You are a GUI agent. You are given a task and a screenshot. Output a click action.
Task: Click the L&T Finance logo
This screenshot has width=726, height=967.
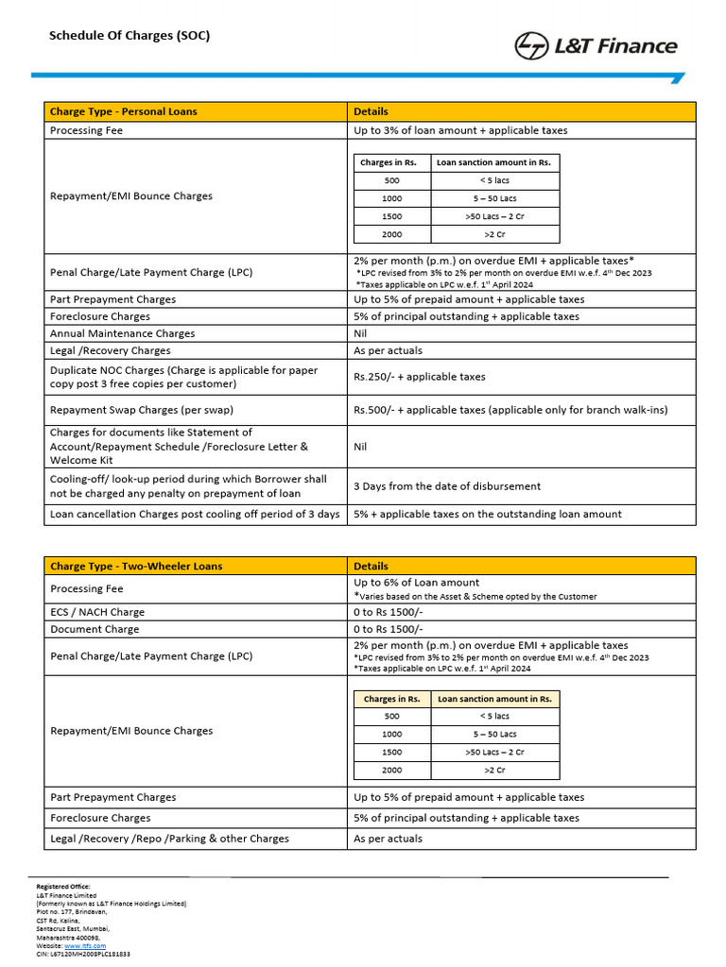pyautogui.click(x=596, y=45)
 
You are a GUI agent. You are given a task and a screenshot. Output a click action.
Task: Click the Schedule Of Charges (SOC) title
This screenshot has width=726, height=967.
pyautogui.click(x=130, y=36)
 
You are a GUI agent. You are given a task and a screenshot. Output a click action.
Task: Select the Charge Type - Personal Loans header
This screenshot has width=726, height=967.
pyautogui.click(x=124, y=111)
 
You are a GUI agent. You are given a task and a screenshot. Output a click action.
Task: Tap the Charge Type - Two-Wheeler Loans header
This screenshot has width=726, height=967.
pyautogui.click(x=136, y=567)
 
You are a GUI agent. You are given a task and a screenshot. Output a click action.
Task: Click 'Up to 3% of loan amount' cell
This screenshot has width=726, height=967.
pyautogui.click(x=460, y=130)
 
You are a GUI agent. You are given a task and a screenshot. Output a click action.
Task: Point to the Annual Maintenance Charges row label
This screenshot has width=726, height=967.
pyautogui.click(x=123, y=333)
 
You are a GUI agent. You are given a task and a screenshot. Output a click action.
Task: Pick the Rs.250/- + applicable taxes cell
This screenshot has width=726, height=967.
pyautogui.click(x=420, y=377)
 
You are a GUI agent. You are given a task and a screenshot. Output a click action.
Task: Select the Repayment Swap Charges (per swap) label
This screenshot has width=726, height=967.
pyautogui.click(x=142, y=411)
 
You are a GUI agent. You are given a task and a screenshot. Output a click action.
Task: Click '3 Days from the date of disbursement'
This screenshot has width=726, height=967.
pyautogui.click(x=447, y=486)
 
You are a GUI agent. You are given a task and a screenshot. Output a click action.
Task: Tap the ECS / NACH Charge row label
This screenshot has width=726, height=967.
pyautogui.click(x=97, y=612)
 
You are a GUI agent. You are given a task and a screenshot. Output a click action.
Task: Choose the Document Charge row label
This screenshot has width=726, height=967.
pyautogui.click(x=95, y=629)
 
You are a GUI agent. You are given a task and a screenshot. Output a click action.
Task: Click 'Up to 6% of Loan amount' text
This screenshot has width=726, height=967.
pyautogui.click(x=417, y=583)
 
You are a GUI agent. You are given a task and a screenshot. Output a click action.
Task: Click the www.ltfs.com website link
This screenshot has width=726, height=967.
pyautogui.click(x=84, y=945)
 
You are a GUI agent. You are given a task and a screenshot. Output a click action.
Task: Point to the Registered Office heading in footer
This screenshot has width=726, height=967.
pyautogui.click(x=63, y=887)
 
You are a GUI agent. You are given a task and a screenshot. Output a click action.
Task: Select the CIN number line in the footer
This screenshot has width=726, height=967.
pyautogui.click(x=83, y=955)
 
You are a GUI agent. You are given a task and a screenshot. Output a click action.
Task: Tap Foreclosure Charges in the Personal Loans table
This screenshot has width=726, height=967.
pyautogui.click(x=100, y=316)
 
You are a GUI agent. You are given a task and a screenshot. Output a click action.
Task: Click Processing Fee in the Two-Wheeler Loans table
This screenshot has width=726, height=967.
pyautogui.click(x=87, y=588)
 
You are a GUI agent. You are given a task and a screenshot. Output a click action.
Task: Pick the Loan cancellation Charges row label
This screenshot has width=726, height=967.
pyautogui.click(x=195, y=515)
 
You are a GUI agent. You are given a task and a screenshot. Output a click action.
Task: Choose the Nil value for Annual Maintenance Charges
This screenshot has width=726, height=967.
pyautogui.click(x=360, y=333)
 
